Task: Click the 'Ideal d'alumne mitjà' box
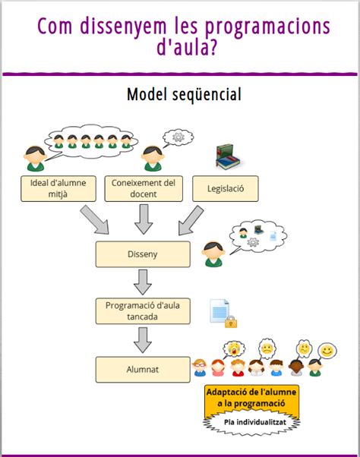click(58, 188)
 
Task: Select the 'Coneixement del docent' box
click(144, 188)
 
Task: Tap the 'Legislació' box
click(226, 188)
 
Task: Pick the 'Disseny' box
click(143, 254)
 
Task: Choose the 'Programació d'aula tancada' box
click(143, 311)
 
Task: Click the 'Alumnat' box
click(143, 370)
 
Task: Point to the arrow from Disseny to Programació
click(143, 282)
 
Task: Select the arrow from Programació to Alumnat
click(143, 340)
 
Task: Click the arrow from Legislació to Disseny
click(191, 221)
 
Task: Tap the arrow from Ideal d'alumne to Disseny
click(95, 219)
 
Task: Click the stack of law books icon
click(228, 157)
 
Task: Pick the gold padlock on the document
click(231, 321)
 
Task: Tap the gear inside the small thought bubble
click(178, 137)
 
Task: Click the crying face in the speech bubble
click(234, 348)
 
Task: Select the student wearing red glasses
click(200, 367)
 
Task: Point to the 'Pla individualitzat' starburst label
click(252, 422)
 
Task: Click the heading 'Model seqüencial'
click(185, 94)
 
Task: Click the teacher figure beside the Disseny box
click(213, 254)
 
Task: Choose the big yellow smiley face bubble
click(327, 351)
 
